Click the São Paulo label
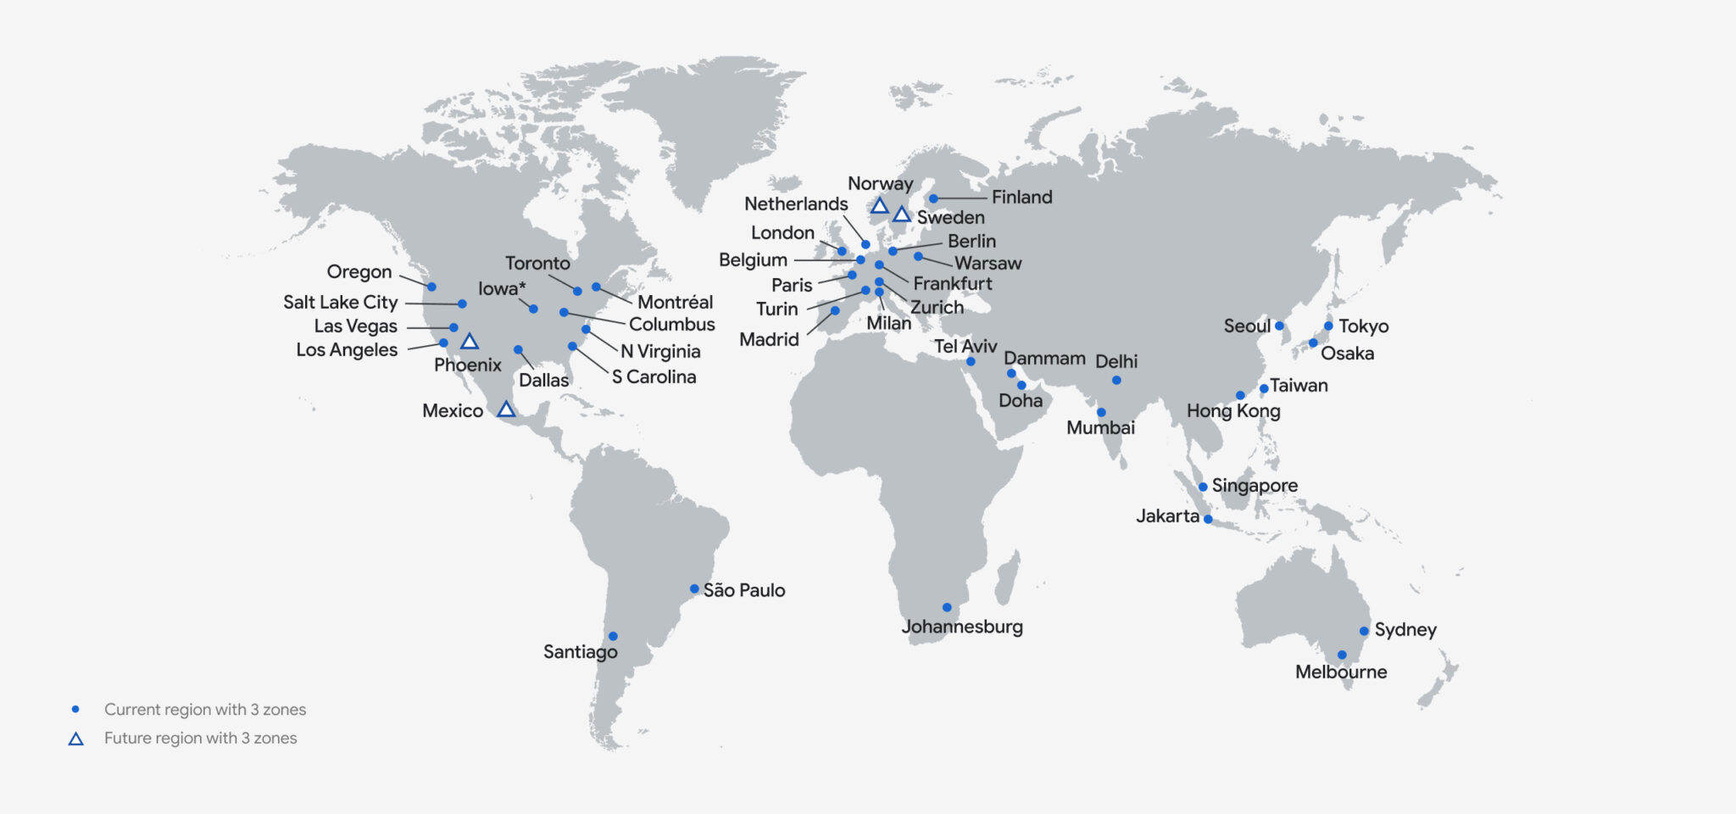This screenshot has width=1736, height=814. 743,590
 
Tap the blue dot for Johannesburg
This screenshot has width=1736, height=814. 947,607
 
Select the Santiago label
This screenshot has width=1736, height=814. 580,652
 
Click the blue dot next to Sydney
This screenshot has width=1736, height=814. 1364,631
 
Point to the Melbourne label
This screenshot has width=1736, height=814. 1341,672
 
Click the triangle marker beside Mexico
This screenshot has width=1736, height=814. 506,410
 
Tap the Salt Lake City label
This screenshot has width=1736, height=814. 340,303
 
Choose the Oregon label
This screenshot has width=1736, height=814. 359,272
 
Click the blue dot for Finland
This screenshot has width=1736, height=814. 933,198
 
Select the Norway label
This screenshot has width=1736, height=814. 880,184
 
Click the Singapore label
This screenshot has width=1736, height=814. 1255,486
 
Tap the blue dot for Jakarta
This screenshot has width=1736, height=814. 1208,519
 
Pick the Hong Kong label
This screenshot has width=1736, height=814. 1233,411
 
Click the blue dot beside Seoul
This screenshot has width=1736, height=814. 1279,326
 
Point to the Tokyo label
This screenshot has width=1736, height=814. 1363,326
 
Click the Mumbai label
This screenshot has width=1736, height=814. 1100,428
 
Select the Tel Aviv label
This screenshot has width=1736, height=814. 965,347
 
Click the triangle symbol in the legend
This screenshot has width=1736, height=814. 75,739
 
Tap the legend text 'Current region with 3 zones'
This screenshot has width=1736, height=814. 205,710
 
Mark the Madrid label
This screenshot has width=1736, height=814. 769,340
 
